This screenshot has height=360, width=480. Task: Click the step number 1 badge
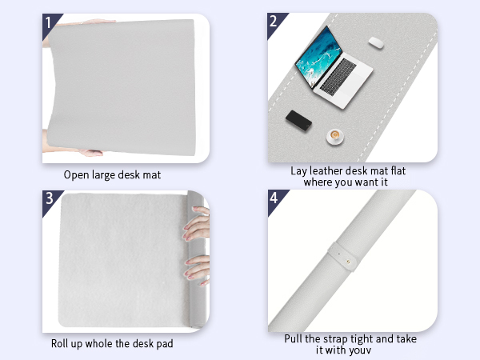49,22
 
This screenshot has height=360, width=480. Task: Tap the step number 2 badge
274,22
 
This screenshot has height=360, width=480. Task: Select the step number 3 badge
49,198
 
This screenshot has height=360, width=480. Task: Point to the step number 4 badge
274,198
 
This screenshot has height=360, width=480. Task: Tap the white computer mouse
375,43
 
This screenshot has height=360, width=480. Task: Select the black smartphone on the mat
299,120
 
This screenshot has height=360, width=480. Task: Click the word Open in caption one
77,174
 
